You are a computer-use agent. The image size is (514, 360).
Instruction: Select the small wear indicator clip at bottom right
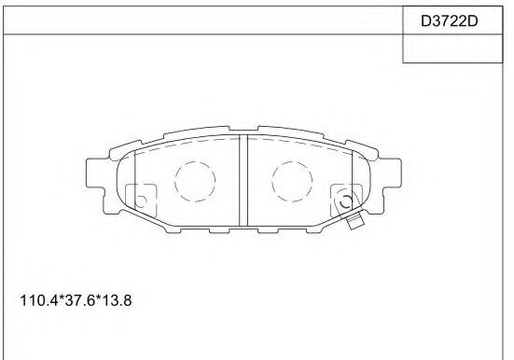click(354, 221)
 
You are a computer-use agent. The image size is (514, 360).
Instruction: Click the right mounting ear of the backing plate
click(389, 177)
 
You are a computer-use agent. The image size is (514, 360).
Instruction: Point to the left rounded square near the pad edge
click(142, 197)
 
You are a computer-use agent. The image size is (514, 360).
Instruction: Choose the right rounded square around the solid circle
click(344, 197)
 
